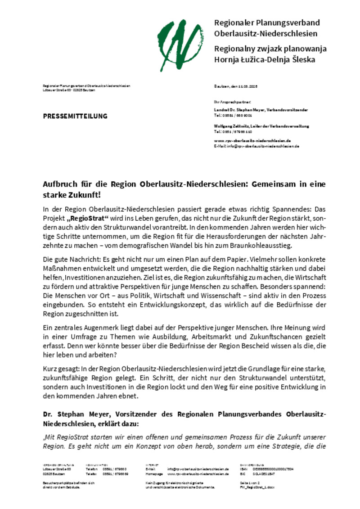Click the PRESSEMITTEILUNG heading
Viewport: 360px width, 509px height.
tap(75, 116)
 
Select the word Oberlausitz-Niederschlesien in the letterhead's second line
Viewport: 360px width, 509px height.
tap(266, 34)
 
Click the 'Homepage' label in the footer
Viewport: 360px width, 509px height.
tap(154, 474)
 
